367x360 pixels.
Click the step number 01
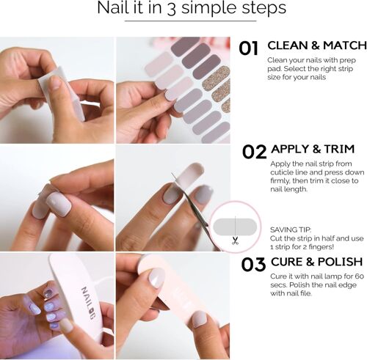(249, 48)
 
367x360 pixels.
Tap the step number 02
(254, 152)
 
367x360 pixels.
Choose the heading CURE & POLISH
(316, 262)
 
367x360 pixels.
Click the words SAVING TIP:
(291, 229)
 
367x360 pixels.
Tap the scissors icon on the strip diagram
(235, 240)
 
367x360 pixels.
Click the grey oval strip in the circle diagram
(235, 228)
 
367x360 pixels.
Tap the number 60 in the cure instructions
(356, 276)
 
